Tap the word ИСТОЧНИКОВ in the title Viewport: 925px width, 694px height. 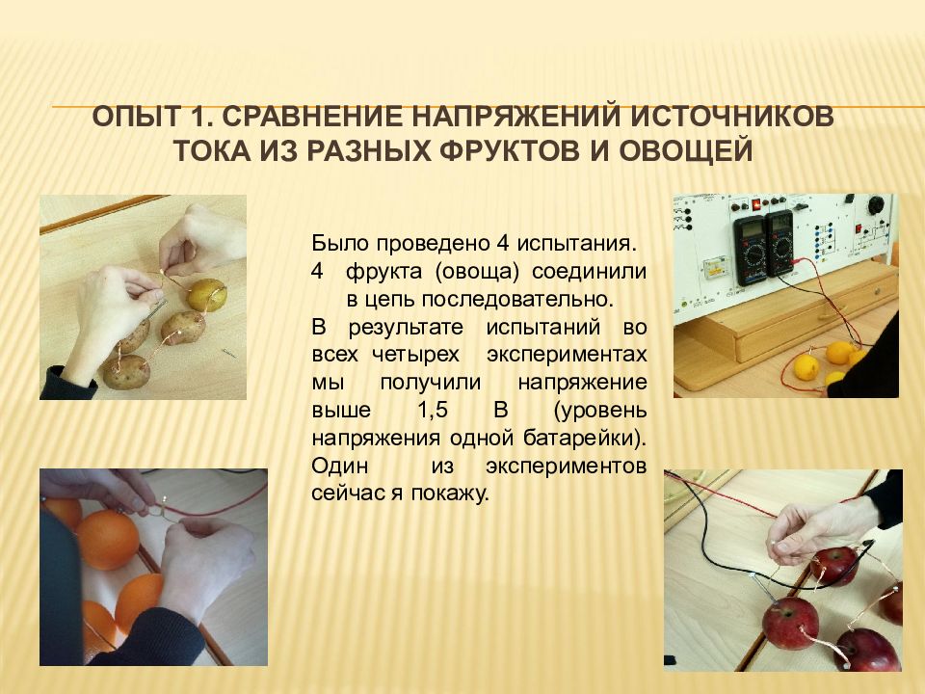click(x=732, y=117)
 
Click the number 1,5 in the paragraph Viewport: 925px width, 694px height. click(x=433, y=411)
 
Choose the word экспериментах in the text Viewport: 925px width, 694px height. click(x=567, y=356)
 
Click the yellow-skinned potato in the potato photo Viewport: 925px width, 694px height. click(x=206, y=295)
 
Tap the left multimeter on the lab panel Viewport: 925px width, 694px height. click(x=750, y=251)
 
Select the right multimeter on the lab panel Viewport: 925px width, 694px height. click(x=781, y=242)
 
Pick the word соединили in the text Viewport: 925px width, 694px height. click(x=589, y=272)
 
